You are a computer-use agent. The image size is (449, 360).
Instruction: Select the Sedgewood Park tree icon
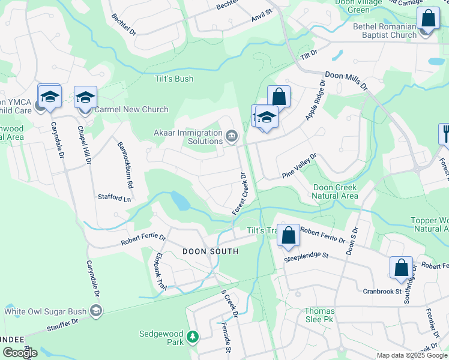click(x=192, y=337)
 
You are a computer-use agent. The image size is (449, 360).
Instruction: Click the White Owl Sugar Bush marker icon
click(x=95, y=310)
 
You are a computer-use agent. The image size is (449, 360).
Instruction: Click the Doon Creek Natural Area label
click(x=336, y=191)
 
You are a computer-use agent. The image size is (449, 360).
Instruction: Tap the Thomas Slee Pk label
click(x=319, y=316)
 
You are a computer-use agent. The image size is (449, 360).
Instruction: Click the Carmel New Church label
click(x=131, y=109)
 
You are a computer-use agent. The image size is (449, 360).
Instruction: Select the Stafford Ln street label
click(x=114, y=197)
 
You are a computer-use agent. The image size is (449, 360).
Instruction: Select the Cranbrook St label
click(x=382, y=291)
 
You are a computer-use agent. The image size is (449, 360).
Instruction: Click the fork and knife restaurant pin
click(x=445, y=133)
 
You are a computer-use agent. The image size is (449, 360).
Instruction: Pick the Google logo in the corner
click(x=19, y=353)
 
